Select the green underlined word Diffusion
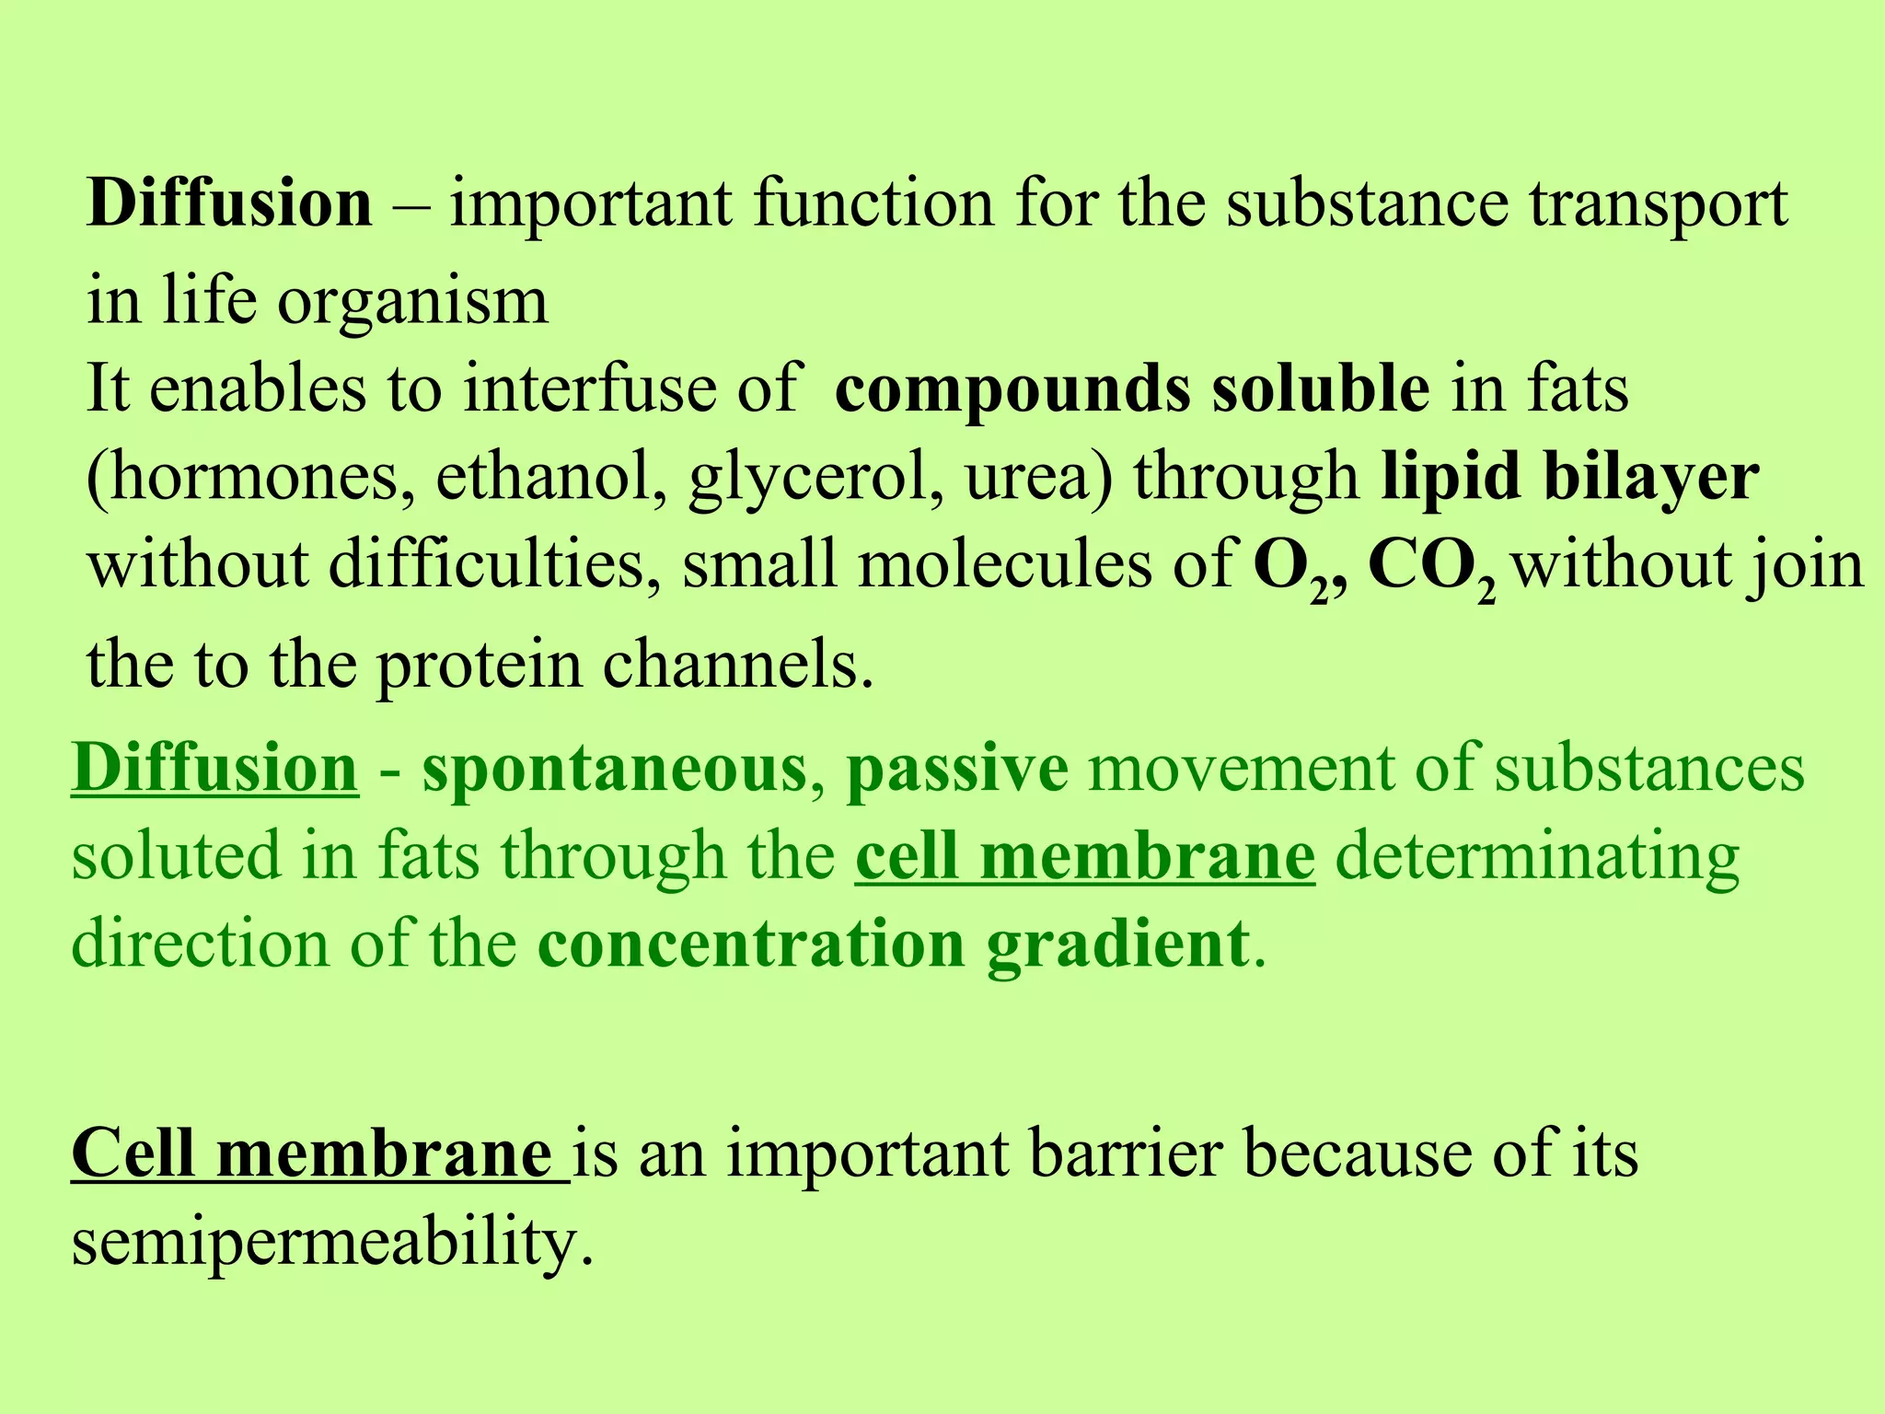tap(214, 768)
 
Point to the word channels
tap(736, 664)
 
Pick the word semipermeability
tap(331, 1243)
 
